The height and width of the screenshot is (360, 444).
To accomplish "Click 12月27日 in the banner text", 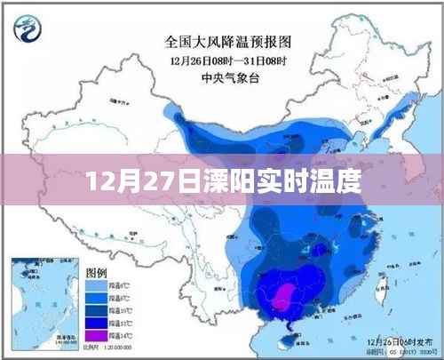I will coord(133,184).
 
